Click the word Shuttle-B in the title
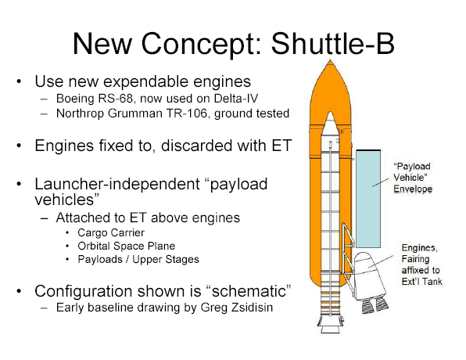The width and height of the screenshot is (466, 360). [x=332, y=44]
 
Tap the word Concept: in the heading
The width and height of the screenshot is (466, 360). [x=202, y=44]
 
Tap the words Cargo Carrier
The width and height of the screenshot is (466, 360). [x=111, y=232]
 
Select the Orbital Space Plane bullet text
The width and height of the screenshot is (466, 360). [x=127, y=246]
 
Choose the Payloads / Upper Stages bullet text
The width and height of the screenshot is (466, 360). [x=138, y=260]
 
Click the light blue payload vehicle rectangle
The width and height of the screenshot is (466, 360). [x=368, y=199]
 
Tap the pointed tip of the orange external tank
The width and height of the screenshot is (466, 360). [x=330, y=60]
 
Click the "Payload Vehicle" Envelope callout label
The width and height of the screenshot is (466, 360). [x=413, y=178]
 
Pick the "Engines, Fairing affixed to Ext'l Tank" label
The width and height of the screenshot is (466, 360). [x=421, y=265]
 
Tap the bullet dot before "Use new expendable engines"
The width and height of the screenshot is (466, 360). [x=19, y=81]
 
